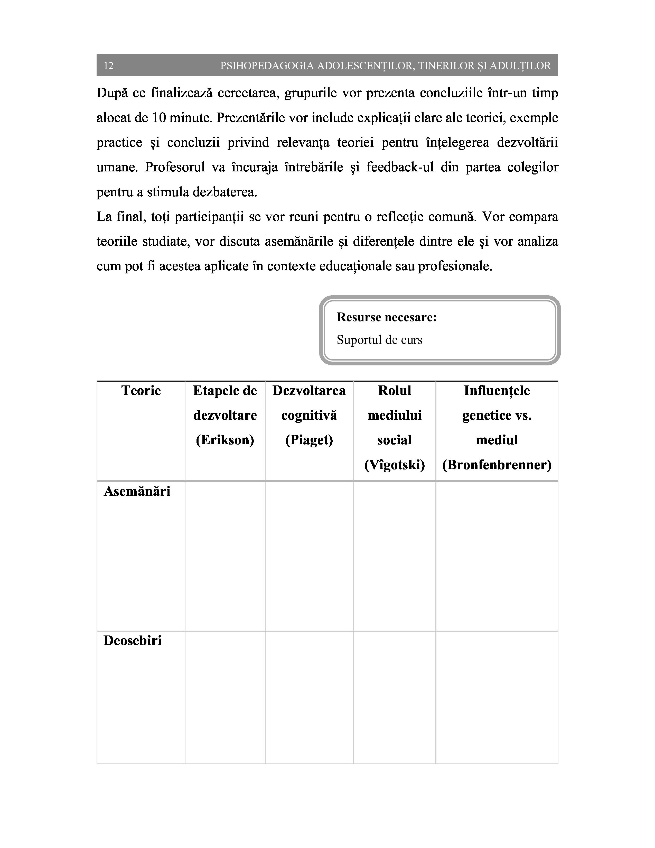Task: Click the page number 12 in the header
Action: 109,66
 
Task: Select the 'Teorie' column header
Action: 141,391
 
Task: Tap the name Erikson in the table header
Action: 225,440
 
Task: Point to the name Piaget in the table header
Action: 309,440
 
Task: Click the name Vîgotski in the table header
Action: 394,465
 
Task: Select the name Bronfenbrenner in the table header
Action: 497,465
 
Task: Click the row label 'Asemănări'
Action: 137,492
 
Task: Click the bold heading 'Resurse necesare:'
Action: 387,317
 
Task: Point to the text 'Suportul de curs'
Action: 379,340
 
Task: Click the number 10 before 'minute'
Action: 159,118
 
